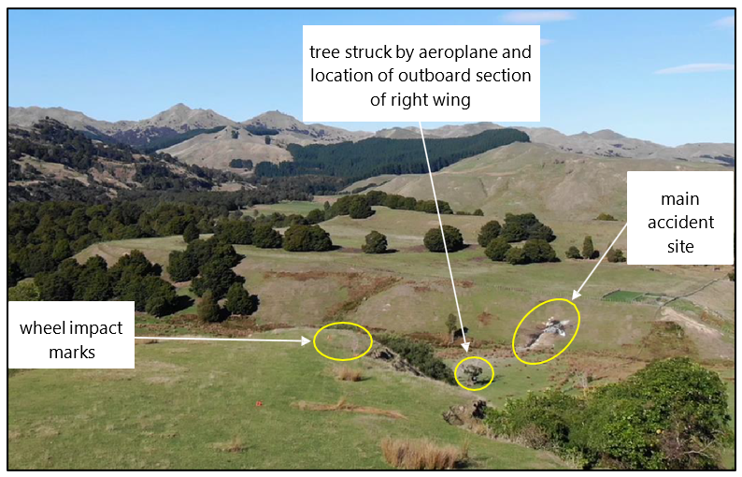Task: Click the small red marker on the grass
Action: click(x=259, y=403)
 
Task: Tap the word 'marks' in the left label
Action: click(x=71, y=352)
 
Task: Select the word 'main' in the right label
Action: click(x=679, y=199)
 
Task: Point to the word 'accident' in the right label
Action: click(x=679, y=223)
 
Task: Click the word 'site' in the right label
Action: click(x=679, y=246)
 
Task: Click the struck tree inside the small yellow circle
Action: click(x=475, y=374)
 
